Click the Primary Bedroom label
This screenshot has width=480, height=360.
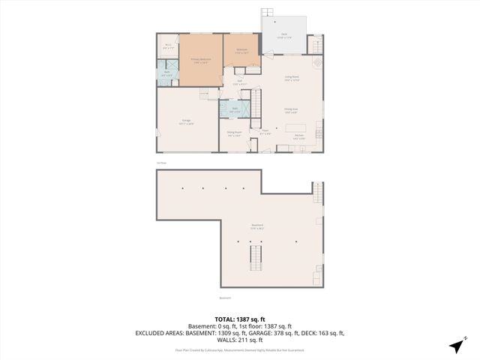200,60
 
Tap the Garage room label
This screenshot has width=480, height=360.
187,121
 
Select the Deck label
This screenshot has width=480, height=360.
284,35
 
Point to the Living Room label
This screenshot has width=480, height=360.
292,78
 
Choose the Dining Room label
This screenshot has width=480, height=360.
235,133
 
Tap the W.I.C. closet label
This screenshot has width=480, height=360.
168,46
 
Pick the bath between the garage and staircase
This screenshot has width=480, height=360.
235,109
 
